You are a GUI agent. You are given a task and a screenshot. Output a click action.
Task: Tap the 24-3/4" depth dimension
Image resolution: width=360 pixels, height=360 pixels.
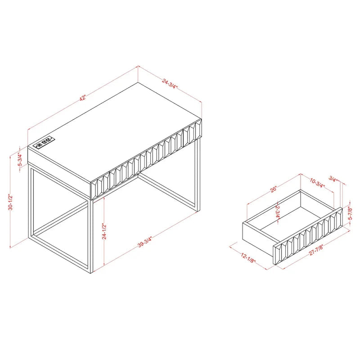(x=171, y=84)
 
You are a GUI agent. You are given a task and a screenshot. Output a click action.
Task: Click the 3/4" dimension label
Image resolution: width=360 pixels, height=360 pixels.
(x=333, y=178)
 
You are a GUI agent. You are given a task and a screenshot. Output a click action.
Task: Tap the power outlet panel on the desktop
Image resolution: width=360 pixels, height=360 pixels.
(x=44, y=144)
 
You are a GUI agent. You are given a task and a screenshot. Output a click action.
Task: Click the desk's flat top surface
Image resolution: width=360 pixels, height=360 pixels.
(x=117, y=130)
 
